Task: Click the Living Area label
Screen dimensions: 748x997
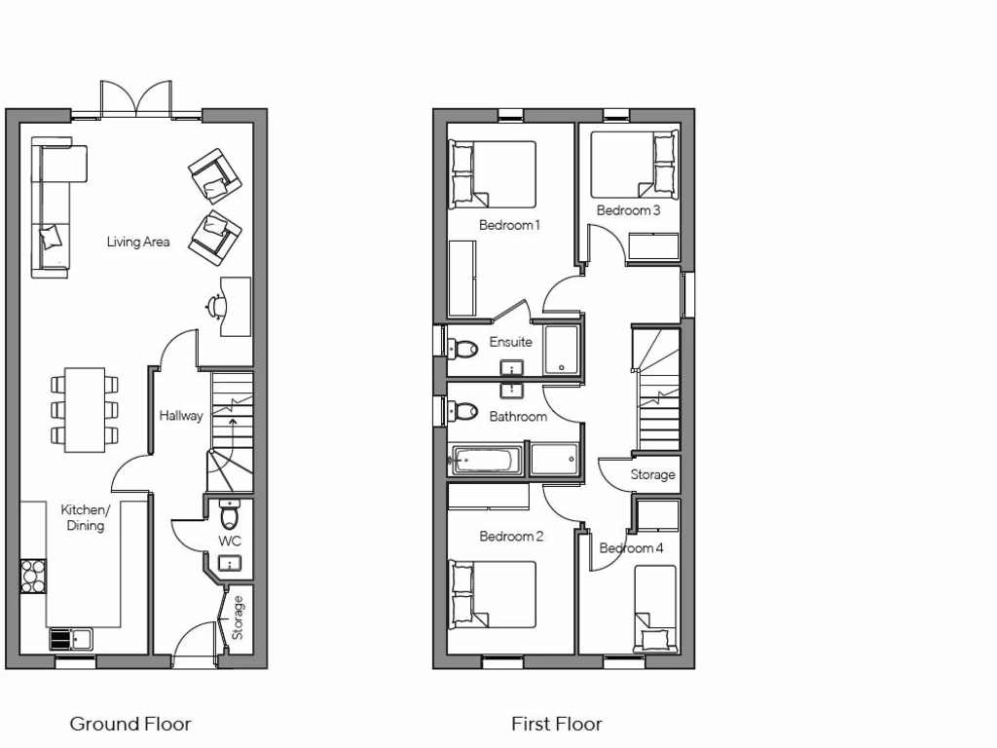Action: [x=138, y=242]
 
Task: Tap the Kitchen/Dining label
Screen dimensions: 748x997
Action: [x=86, y=517]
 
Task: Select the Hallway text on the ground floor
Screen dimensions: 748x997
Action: [x=181, y=416]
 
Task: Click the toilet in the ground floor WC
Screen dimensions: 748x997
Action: [x=230, y=513]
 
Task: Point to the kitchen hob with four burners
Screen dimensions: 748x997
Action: [x=33, y=575]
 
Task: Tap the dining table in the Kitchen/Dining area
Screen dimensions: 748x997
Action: [x=85, y=409]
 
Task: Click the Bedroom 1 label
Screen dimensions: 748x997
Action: [x=509, y=225]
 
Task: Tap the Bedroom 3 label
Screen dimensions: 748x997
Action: [x=629, y=210]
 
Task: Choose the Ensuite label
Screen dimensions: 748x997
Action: [x=510, y=342]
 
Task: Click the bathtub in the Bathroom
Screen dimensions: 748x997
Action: [x=488, y=459]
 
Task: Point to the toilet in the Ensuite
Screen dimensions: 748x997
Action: [x=462, y=347]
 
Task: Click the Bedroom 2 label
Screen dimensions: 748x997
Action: [x=511, y=537]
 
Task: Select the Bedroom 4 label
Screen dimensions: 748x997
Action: [x=631, y=548]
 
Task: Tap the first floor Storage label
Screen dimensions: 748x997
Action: [x=652, y=475]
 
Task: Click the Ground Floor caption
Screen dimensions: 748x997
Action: [x=130, y=724]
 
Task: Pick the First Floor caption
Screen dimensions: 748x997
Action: [x=557, y=724]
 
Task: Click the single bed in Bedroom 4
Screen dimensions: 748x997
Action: [x=655, y=608]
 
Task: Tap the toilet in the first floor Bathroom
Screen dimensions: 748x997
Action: [x=463, y=411]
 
